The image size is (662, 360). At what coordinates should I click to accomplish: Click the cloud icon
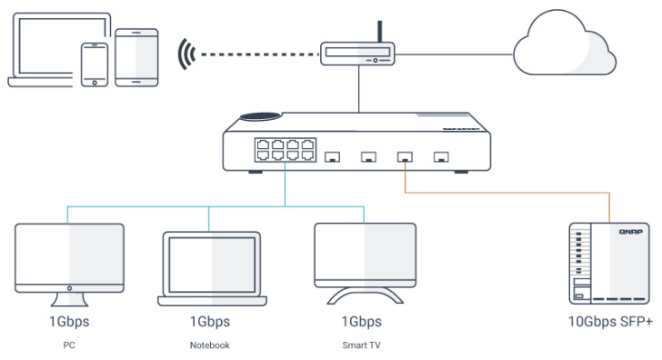click(x=565, y=44)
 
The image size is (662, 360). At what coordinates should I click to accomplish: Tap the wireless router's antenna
click(x=379, y=32)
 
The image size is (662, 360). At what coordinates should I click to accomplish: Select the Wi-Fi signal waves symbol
click(x=186, y=55)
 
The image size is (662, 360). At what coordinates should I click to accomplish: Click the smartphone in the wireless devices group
click(x=95, y=65)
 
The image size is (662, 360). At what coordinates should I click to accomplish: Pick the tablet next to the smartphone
click(x=136, y=58)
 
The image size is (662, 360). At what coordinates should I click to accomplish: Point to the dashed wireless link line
click(x=260, y=55)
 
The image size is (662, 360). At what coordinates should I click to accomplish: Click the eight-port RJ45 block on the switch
click(x=285, y=150)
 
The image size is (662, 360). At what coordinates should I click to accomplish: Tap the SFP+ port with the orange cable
click(x=405, y=157)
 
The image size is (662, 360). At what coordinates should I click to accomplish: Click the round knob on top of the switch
click(x=260, y=116)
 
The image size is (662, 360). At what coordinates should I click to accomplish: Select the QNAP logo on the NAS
click(x=630, y=232)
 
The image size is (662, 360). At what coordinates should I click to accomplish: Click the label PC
click(x=69, y=345)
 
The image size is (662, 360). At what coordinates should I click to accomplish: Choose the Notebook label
click(x=209, y=345)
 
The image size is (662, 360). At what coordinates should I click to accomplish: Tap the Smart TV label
click(x=361, y=345)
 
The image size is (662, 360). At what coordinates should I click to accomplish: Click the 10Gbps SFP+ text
click(x=610, y=322)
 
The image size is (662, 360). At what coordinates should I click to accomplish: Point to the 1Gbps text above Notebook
click(x=210, y=322)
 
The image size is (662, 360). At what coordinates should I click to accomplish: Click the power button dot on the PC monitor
click(x=69, y=288)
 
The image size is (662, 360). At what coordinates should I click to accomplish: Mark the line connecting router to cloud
click(x=454, y=55)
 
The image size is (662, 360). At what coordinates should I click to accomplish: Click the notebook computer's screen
click(x=212, y=265)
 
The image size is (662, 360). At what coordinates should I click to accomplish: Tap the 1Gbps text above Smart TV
click(x=361, y=322)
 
